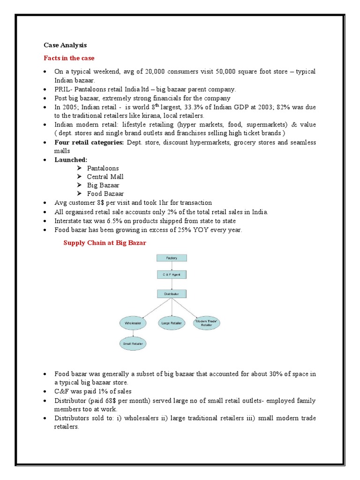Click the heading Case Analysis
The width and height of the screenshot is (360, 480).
pyautogui.click(x=65, y=45)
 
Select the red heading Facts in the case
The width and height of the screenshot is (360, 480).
pyautogui.click(x=69, y=58)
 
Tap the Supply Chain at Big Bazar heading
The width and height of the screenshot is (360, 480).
pyautogui.click(x=105, y=242)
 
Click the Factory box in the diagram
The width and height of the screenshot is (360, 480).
pyautogui.click(x=171, y=258)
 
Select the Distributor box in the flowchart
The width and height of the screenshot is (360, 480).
pyautogui.click(x=171, y=294)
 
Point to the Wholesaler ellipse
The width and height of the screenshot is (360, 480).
pyautogui.click(x=133, y=323)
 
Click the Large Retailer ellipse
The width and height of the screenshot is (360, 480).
pyautogui.click(x=172, y=323)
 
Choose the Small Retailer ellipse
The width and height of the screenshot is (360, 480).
pyautogui.click(x=133, y=344)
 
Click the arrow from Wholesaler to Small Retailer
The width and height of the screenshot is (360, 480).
pyautogui.click(x=133, y=333)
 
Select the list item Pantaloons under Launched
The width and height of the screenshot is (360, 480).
pyautogui.click(x=103, y=168)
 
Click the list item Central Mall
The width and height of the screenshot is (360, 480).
pyautogui.click(x=105, y=177)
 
